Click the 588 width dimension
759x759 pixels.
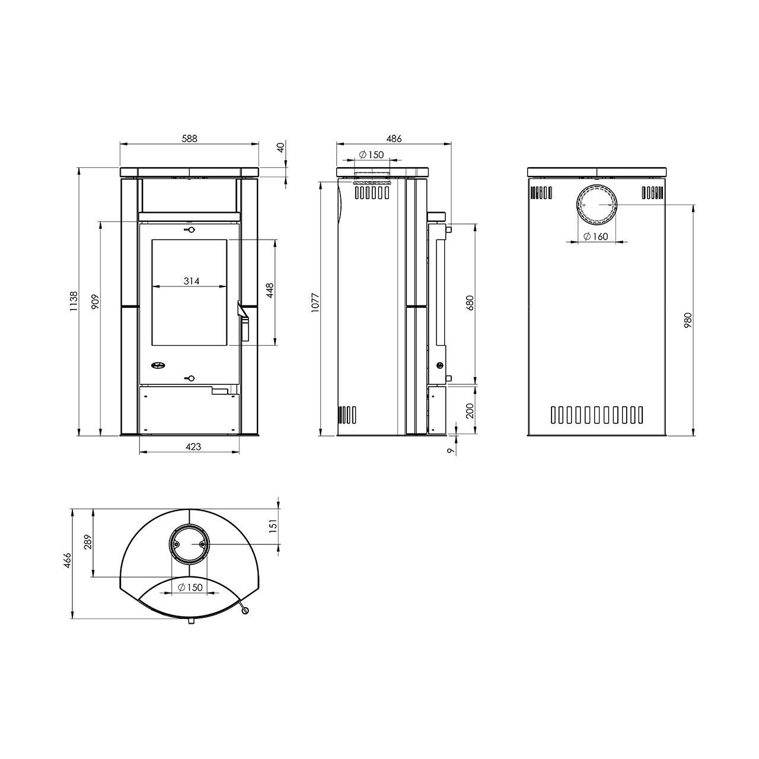click(x=189, y=139)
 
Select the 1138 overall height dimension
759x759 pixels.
click(x=74, y=302)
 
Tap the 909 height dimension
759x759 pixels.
click(x=95, y=301)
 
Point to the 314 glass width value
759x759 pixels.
click(x=192, y=281)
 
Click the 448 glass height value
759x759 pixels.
click(x=270, y=291)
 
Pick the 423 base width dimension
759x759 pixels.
click(x=193, y=447)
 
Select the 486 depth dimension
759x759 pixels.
click(x=394, y=139)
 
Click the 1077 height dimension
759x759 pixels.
click(x=314, y=302)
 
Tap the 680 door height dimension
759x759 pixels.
click(x=470, y=303)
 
